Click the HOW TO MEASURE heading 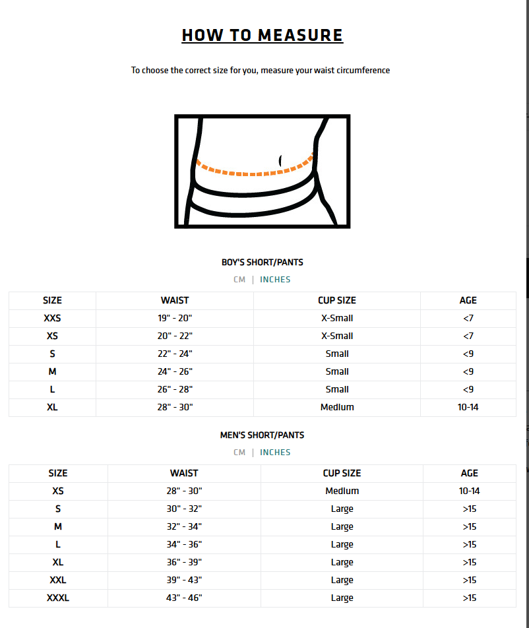tap(263, 35)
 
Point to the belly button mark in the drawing tap(281, 160)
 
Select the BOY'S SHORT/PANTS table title tap(263, 262)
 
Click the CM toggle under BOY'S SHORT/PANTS tap(239, 280)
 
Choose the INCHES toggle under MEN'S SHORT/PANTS tap(275, 453)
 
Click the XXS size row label tap(52, 318)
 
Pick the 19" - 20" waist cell tap(175, 318)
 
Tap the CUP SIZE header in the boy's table tap(337, 300)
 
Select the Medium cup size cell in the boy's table tap(337, 407)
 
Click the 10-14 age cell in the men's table tap(469, 491)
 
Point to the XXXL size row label tap(58, 598)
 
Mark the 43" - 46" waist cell tap(184, 598)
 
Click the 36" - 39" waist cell tap(184, 562)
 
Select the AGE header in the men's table tap(469, 473)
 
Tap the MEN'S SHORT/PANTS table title tap(263, 435)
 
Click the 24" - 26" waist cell tap(175, 371)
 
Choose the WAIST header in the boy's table tap(175, 300)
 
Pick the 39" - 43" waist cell tap(184, 580)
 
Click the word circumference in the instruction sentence tap(363, 70)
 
